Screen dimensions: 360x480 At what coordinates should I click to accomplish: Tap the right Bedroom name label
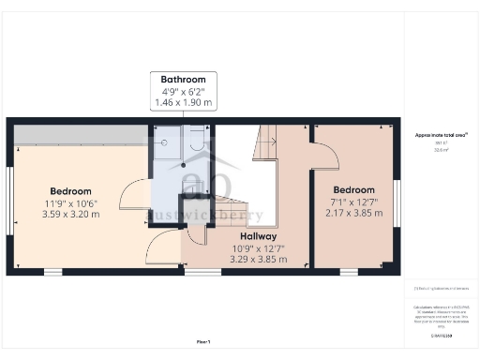click(354, 190)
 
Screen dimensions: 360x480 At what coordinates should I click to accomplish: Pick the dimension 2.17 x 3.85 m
click(354, 214)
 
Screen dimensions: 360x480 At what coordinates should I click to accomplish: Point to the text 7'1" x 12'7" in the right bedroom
click(354, 202)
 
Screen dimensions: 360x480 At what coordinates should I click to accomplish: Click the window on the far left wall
click(9, 201)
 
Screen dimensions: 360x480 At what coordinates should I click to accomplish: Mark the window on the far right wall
click(397, 202)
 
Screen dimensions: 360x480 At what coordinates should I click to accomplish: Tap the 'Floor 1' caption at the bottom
click(203, 341)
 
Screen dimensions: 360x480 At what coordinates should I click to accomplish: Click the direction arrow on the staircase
click(267, 142)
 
